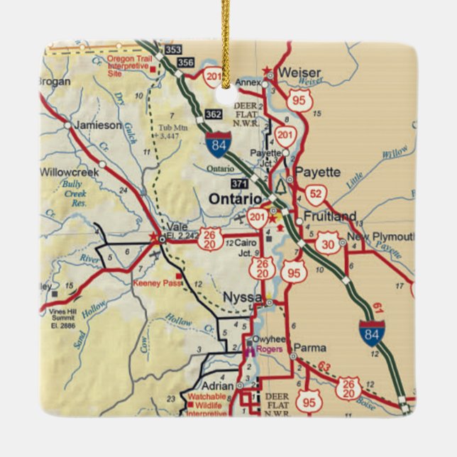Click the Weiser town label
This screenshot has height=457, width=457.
[301, 72]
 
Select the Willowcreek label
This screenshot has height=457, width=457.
[71, 172]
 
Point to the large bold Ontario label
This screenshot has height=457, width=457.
[234, 199]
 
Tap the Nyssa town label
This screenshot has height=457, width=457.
[243, 297]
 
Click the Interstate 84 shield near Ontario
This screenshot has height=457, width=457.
[219, 143]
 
